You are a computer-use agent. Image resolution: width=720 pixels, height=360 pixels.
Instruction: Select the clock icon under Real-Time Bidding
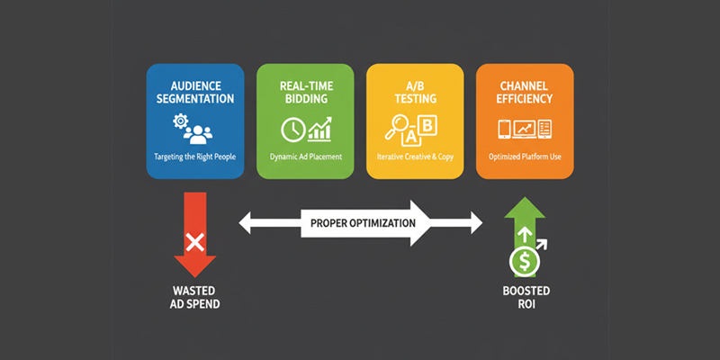click(292, 130)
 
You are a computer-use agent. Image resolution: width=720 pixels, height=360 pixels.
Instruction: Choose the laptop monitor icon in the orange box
click(525, 130)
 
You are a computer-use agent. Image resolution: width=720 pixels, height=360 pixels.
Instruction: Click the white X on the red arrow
click(193, 241)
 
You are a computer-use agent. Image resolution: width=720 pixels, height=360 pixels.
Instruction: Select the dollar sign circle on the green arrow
click(525, 262)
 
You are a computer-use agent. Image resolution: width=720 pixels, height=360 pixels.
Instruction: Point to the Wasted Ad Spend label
click(194, 298)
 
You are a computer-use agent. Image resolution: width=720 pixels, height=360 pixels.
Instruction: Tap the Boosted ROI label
click(525, 298)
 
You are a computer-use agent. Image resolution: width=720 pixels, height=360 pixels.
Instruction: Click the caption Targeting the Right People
click(194, 157)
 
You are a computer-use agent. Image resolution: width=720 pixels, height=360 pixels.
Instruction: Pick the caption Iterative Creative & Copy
click(416, 157)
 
